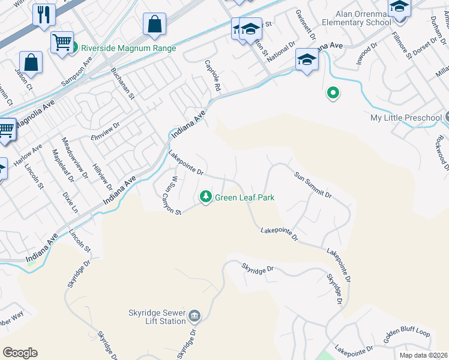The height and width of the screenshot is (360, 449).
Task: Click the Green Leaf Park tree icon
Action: [206, 197]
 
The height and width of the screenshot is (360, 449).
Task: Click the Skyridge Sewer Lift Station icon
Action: [194, 316]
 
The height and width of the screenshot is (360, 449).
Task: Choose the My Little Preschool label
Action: [406, 118]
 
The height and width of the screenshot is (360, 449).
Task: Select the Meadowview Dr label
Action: [75, 158]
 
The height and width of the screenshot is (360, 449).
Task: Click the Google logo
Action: [20, 353]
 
